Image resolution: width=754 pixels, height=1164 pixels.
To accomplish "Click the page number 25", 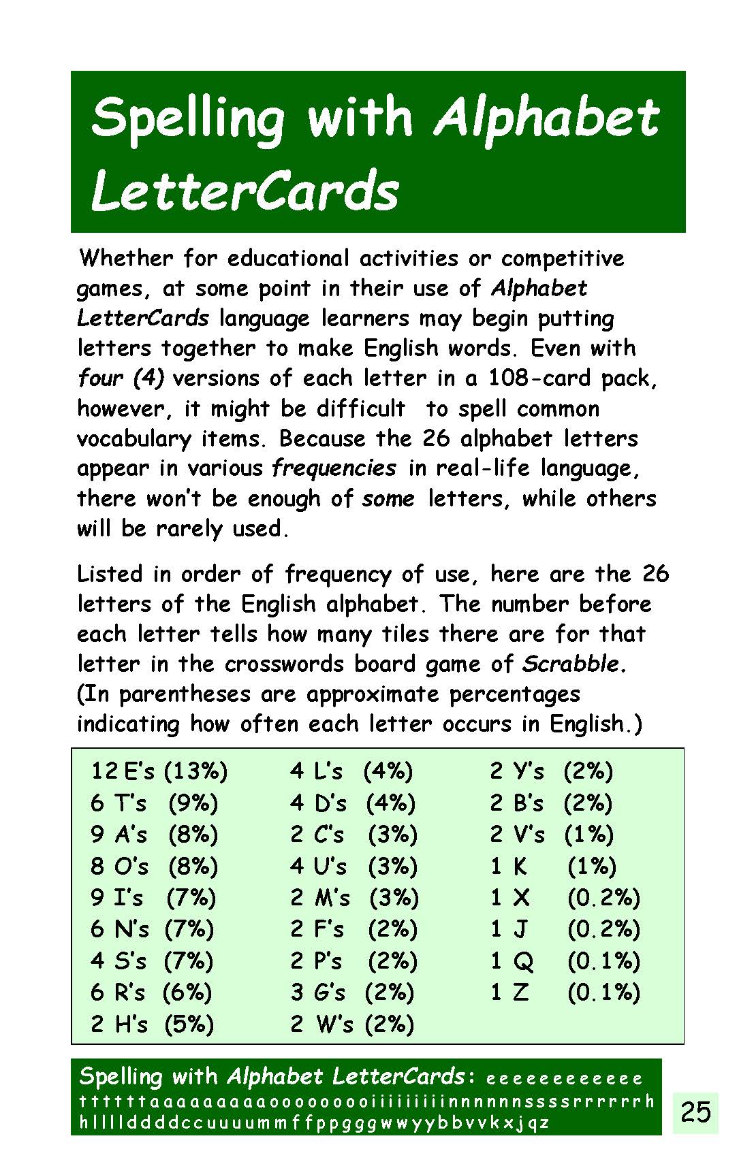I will point(695,1112).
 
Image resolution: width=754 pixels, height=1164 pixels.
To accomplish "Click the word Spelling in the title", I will point(188,117).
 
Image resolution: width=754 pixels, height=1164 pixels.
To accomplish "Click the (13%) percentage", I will point(196,771).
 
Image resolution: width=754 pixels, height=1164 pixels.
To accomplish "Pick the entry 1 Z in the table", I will point(509,992).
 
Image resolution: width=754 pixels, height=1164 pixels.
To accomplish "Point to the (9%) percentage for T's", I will point(193,803).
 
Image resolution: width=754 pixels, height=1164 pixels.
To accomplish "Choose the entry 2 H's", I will point(119,1024).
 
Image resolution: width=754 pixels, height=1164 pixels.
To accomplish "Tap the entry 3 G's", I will point(318,992).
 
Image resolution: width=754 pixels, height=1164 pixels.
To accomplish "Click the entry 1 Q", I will point(512,961).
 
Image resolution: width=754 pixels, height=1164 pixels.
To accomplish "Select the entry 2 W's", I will point(321,1024).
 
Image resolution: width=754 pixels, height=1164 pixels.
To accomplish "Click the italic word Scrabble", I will point(574,664).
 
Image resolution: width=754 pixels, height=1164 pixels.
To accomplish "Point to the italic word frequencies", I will point(334,468).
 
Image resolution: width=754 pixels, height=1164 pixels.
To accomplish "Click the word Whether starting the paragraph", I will point(127,259).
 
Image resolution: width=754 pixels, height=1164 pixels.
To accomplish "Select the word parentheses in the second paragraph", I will point(185,694).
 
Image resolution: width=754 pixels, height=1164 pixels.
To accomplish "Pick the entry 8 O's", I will point(119,866).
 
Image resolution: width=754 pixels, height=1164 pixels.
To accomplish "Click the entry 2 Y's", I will point(517,771).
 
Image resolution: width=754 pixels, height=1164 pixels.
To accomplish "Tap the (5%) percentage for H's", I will point(189,1024).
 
